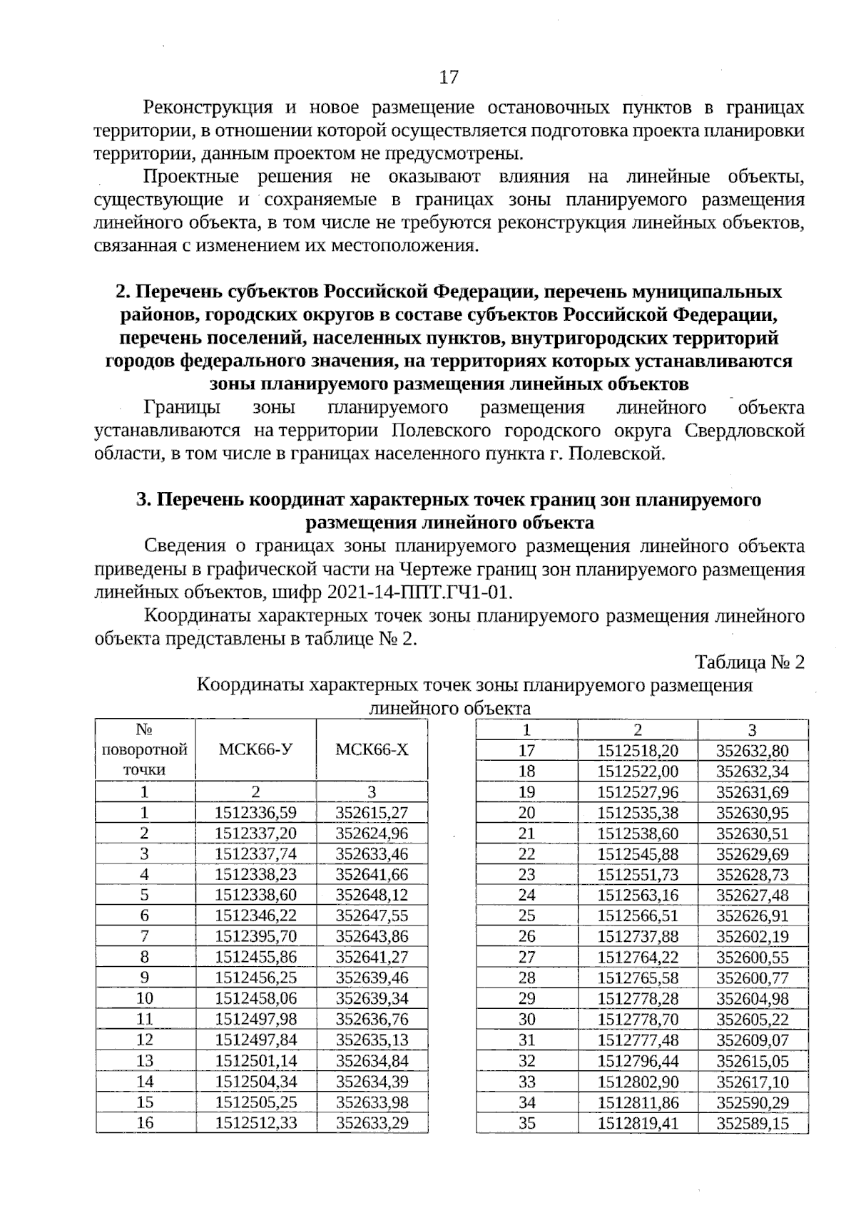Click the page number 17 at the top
[449, 77]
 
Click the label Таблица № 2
[749, 662]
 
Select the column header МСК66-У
[255, 749]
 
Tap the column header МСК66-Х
[372, 749]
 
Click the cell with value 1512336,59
[255, 812]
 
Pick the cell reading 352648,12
[372, 895]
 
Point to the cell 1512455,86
[255, 957]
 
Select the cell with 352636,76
[372, 1019]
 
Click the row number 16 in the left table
[145, 1122]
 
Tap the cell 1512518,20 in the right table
[638, 751]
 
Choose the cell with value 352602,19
[753, 936]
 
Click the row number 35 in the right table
[526, 1123]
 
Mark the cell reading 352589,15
[753, 1123]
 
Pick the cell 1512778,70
[638, 1020]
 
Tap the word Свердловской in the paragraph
[745, 431]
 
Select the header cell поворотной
[145, 749]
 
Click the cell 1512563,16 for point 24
[638, 895]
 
